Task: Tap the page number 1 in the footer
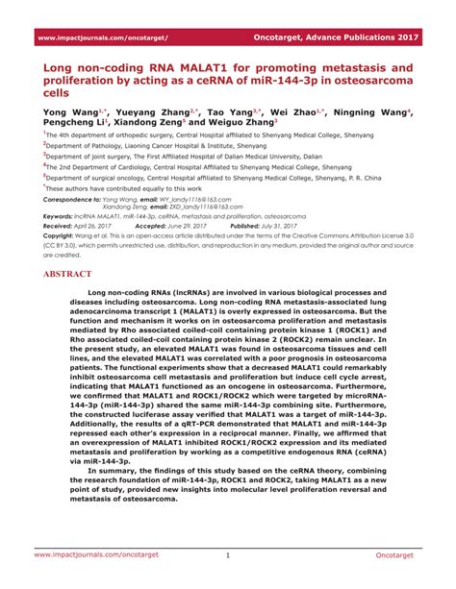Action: tap(228, 554)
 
